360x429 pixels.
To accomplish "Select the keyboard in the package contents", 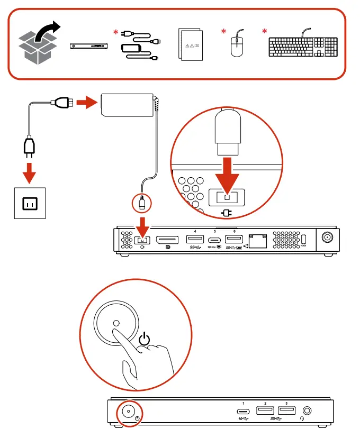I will pyautogui.click(x=303, y=47).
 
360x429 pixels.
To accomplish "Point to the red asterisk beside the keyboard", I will pyautogui.click(x=265, y=33).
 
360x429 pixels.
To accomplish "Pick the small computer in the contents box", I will pyautogui.click(x=89, y=47).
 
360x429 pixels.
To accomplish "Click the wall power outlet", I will pyautogui.click(x=30, y=203).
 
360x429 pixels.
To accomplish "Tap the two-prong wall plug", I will pyautogui.click(x=30, y=148).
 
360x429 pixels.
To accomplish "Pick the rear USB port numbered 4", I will pyautogui.click(x=195, y=239).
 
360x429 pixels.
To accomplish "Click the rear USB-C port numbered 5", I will pyautogui.click(x=214, y=239).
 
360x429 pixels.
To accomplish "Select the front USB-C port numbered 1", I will pyautogui.click(x=243, y=411).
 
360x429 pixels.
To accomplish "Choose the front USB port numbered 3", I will pyautogui.click(x=286, y=410).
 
